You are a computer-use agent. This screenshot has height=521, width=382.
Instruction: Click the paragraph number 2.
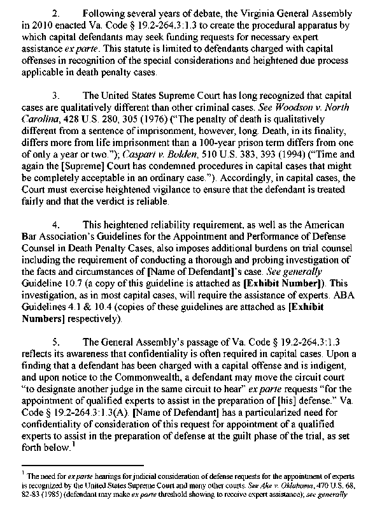[55, 12]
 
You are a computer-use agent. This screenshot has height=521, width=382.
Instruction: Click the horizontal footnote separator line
[89, 466]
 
